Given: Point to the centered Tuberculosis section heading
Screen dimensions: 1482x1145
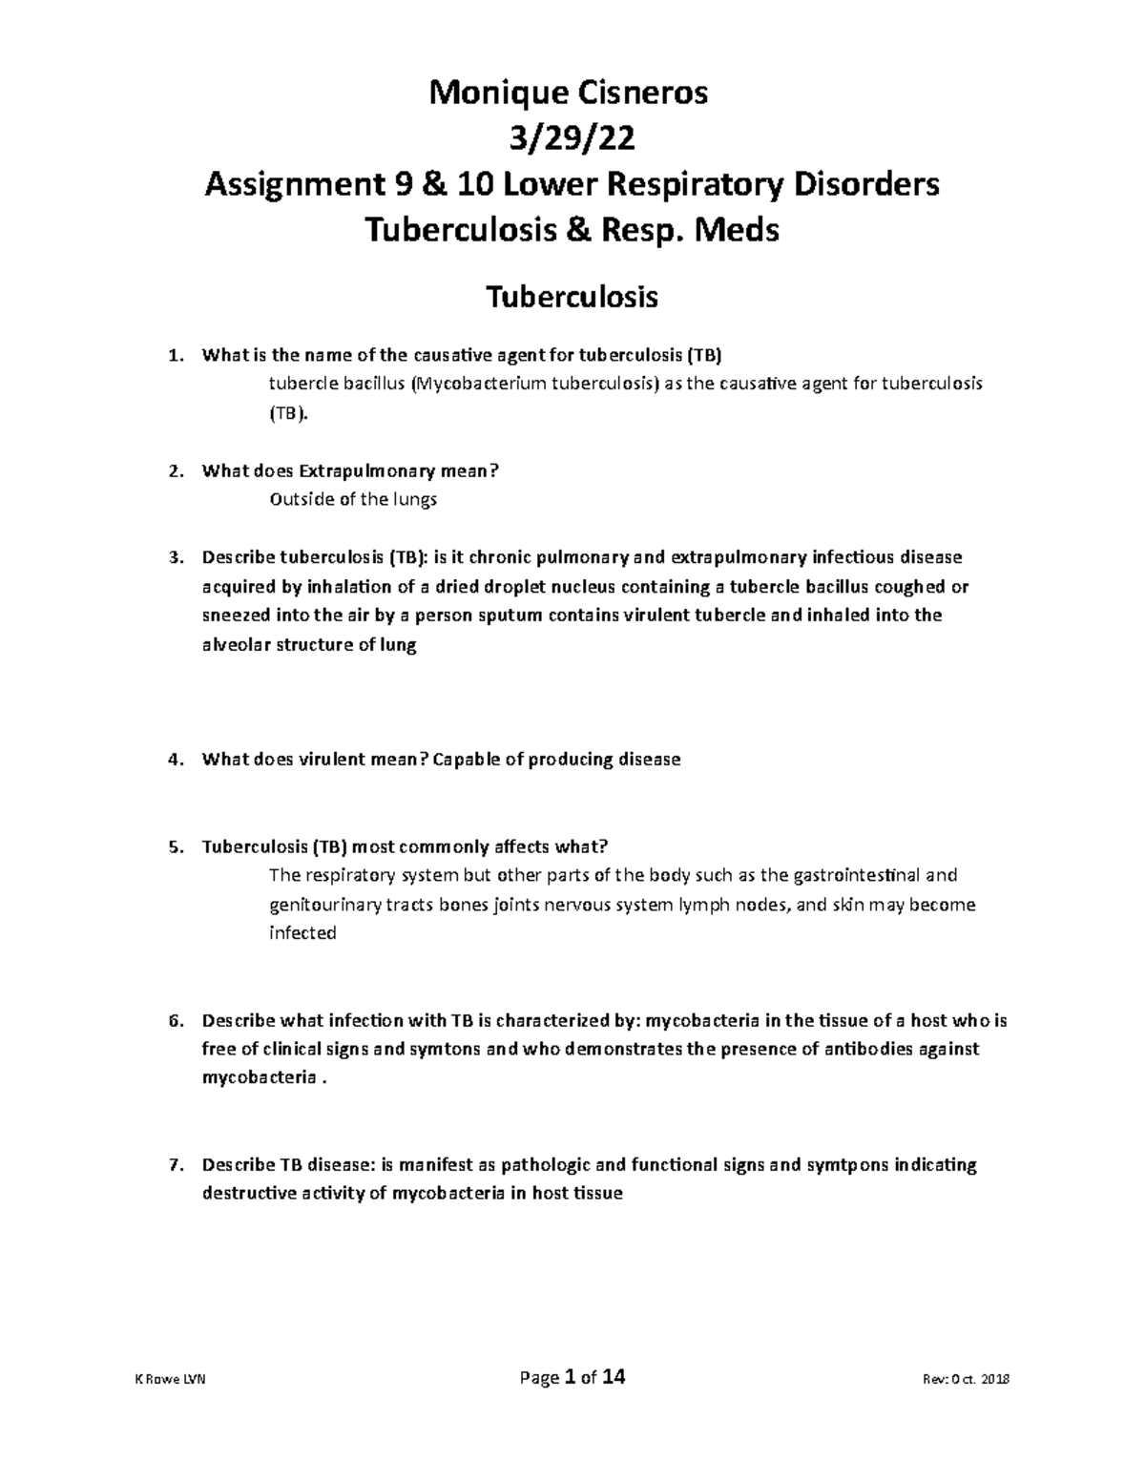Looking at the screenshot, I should (x=572, y=298).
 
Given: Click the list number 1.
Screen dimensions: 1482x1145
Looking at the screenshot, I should (x=173, y=357).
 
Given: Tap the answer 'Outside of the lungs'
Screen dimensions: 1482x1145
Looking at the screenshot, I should (x=353, y=499).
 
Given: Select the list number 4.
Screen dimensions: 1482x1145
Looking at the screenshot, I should (x=173, y=761).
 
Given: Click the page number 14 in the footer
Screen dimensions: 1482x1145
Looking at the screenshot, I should (x=614, y=1378).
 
